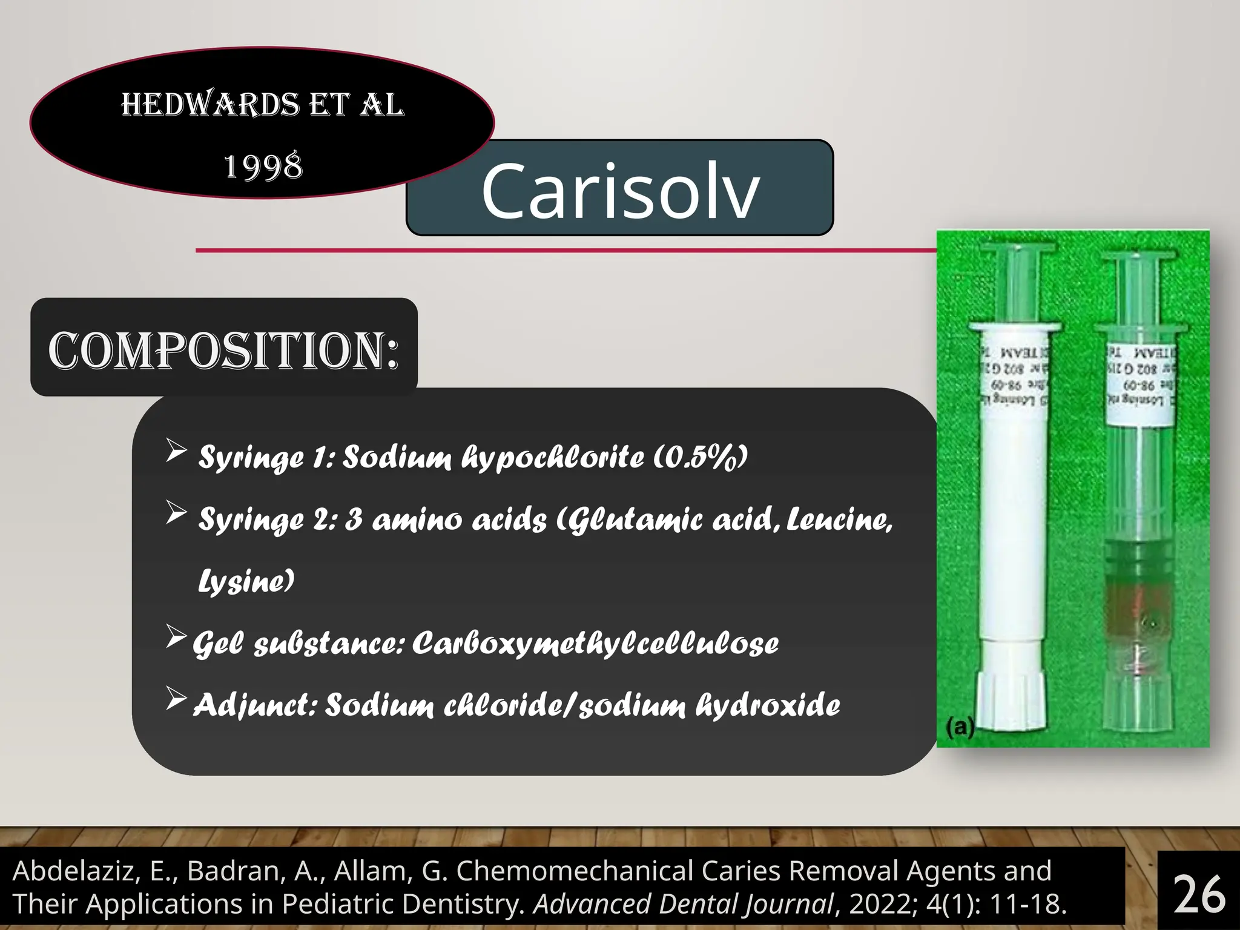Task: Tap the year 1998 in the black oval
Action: pyautogui.click(x=263, y=167)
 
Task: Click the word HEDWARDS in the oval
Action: pyautogui.click(x=209, y=105)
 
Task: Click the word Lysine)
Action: pyautogui.click(x=246, y=581)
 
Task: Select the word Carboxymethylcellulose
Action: pyautogui.click(x=595, y=644)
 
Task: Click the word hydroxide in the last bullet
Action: pyautogui.click(x=768, y=705)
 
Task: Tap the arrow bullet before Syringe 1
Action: pyautogui.click(x=176, y=451)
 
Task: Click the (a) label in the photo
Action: pyautogui.click(x=960, y=727)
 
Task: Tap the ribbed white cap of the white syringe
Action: pyautogui.click(x=1011, y=702)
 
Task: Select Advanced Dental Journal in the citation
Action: pyautogui.click(x=684, y=904)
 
